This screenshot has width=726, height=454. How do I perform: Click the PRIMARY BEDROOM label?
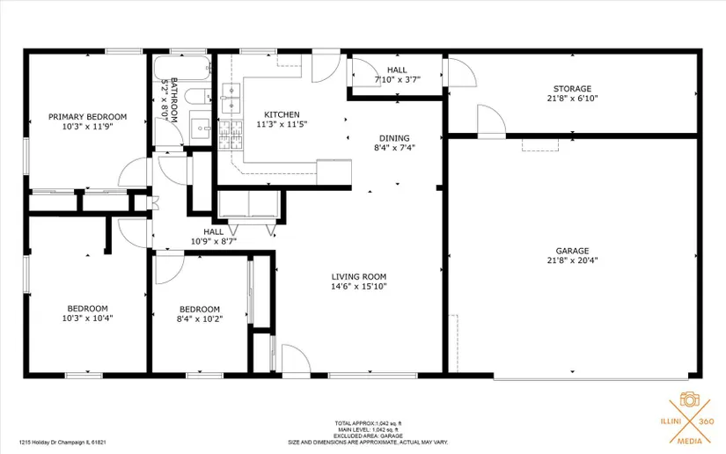click(x=87, y=117)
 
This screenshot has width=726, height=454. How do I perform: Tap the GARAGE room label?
click(x=572, y=251)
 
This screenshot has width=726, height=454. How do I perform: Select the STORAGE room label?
click(x=572, y=88)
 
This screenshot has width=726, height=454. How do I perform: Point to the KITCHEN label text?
click(x=282, y=114)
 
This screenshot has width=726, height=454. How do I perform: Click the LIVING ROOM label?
click(x=359, y=277)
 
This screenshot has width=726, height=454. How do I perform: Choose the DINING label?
click(x=394, y=138)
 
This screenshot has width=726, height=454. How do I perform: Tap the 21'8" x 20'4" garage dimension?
click(x=572, y=260)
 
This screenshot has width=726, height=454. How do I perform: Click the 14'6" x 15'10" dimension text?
click(x=359, y=287)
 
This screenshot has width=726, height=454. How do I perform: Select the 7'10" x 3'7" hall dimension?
click(x=397, y=79)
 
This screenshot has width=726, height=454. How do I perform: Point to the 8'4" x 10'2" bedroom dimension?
click(x=200, y=319)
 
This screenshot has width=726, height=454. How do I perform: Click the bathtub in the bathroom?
click(x=182, y=68)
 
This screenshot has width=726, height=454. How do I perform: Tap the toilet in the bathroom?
click(x=198, y=96)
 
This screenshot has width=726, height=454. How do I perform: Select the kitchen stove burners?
click(x=231, y=135)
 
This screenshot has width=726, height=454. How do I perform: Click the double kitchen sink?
click(x=231, y=99)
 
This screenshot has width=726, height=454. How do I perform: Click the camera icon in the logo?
click(x=689, y=399)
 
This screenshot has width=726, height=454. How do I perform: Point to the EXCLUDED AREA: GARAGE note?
click(x=368, y=436)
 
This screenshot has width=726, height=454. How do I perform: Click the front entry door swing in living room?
click(x=296, y=358)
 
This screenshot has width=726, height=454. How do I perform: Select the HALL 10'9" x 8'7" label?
click(x=214, y=237)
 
